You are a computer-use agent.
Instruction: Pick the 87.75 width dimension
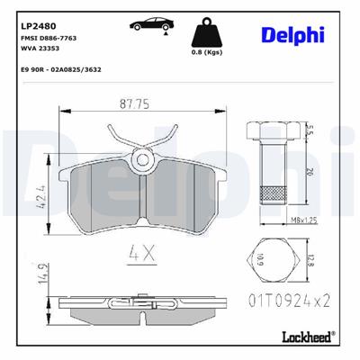click(x=139, y=103)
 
